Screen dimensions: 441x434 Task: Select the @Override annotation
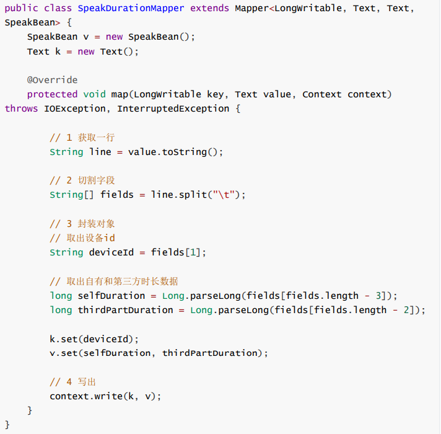click(52, 80)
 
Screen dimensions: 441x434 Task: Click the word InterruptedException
click(173, 108)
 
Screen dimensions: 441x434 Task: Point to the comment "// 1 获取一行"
click(82, 138)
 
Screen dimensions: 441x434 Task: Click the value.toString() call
click(175, 152)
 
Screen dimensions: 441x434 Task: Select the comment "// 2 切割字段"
click(82, 180)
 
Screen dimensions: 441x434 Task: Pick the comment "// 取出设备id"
click(82, 238)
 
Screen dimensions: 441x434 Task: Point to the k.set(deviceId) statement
click(94, 339)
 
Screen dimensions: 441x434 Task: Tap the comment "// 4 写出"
click(73, 382)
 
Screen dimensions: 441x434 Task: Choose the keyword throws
click(22, 108)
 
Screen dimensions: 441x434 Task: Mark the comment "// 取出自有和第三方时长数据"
click(114, 281)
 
